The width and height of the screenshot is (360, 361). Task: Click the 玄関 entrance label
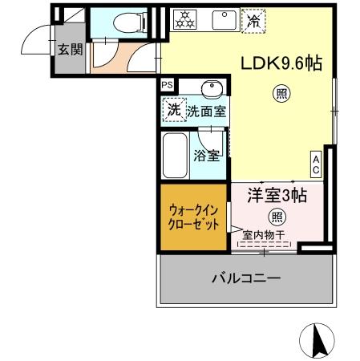70,49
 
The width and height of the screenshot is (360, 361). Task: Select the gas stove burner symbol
184,19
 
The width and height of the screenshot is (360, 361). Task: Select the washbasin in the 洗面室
212,88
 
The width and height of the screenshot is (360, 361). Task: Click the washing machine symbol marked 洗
173,111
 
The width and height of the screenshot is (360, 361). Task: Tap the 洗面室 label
207,112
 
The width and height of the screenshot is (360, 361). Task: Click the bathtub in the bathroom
173,155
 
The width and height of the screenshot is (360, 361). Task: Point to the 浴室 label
206,155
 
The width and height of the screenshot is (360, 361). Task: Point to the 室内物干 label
264,236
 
